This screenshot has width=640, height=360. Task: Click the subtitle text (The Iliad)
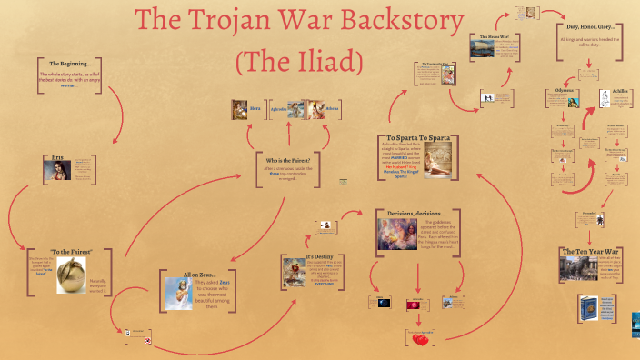tap(299, 63)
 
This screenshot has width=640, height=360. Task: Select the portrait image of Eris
tap(57, 167)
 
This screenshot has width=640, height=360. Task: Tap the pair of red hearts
tap(420, 339)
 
